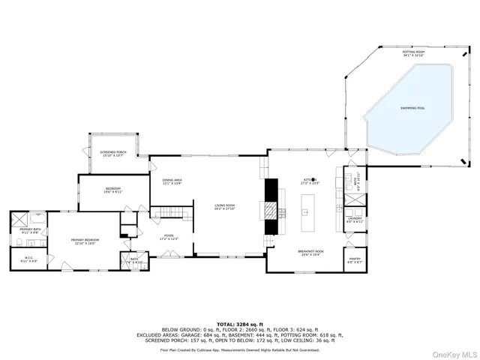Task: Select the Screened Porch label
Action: pos(113,153)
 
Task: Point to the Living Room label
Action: pos(225,208)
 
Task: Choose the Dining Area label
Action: pos(172,182)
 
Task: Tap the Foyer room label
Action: pos(169,237)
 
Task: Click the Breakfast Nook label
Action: pos(310,253)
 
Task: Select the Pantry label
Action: pos(355,260)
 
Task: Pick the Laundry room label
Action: pos(355,220)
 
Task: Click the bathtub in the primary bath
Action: pos(19,219)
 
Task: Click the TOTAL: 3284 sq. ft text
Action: pos(239,323)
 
